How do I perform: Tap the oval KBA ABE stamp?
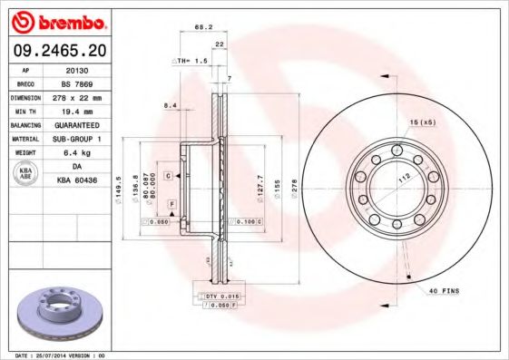(24, 174)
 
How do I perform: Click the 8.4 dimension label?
(170, 106)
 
